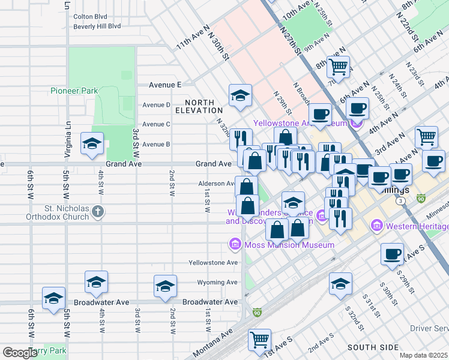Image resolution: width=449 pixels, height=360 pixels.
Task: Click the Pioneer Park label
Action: pos(73,91)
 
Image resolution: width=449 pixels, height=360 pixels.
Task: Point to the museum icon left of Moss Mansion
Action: pos(235,244)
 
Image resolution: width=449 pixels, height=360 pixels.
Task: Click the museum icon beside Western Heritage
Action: pos(378,226)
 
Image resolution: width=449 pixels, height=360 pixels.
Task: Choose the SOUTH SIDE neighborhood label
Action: pos(373,347)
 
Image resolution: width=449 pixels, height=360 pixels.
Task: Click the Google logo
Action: pos(20,352)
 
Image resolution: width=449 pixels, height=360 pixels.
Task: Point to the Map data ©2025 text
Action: pos(424,355)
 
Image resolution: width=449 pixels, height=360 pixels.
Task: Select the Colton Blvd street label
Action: pos(89,17)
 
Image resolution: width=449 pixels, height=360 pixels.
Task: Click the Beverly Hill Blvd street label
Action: pos(97,26)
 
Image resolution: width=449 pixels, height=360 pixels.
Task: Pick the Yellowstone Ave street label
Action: pos(213,263)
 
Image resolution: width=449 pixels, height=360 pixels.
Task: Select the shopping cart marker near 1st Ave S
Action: pos(260,340)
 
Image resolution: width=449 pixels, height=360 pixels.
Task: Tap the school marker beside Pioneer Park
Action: pos(92,143)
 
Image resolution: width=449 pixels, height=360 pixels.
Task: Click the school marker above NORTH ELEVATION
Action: pos(240,95)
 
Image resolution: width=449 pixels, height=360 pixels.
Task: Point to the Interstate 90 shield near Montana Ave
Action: pos(258,313)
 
